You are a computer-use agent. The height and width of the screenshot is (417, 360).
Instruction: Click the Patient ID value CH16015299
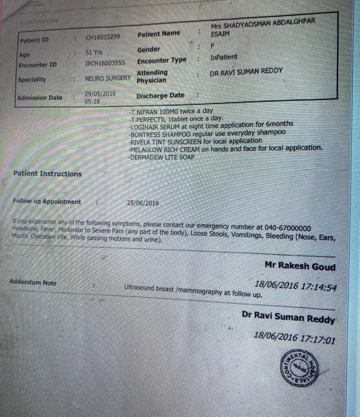(x=103, y=37)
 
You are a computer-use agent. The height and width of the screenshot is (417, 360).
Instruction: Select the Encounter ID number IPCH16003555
(x=105, y=63)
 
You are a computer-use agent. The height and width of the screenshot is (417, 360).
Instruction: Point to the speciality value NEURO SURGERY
(x=108, y=78)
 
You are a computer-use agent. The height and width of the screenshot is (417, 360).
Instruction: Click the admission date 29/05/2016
(x=100, y=94)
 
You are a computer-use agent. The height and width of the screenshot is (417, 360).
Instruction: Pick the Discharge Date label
(x=160, y=95)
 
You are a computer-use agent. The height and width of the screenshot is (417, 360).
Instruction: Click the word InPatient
(x=224, y=57)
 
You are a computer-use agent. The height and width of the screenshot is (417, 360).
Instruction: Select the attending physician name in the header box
(x=246, y=71)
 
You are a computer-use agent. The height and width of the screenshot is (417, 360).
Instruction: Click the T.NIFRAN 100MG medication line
(x=172, y=112)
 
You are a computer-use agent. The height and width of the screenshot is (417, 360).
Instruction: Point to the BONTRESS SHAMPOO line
(x=208, y=133)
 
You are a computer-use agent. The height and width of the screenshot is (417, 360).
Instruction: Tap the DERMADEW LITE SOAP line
(x=162, y=157)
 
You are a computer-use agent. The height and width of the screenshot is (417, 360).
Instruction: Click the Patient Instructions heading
(x=47, y=174)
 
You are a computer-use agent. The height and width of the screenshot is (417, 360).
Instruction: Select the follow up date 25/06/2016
(x=143, y=203)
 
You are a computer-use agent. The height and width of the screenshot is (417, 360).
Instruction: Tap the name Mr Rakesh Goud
(x=300, y=266)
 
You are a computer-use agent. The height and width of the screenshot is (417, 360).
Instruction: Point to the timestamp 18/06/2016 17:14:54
(x=296, y=286)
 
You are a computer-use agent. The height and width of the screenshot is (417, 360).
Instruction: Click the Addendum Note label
(x=33, y=282)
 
